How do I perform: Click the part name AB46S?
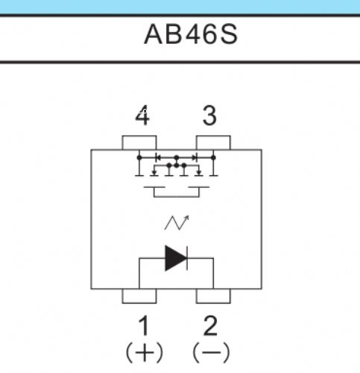point(191,34)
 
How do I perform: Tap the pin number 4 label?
point(142,116)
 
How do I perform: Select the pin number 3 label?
point(209,116)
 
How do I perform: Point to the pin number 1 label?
point(144,325)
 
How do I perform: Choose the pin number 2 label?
point(210,325)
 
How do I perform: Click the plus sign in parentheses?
point(145,352)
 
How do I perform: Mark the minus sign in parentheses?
point(211,352)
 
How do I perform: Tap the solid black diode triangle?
point(175,258)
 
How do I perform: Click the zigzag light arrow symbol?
point(177,222)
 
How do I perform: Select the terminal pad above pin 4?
point(139,142)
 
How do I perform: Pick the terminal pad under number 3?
point(213,142)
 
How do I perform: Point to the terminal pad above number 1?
point(139,296)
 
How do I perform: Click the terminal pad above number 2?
point(213,296)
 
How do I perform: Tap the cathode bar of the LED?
point(187,258)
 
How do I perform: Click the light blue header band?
point(180,7)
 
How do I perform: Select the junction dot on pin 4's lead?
point(139,157)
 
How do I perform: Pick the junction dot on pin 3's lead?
point(213,157)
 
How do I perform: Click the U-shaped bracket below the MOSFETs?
point(177,197)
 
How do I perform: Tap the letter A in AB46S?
point(154,34)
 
